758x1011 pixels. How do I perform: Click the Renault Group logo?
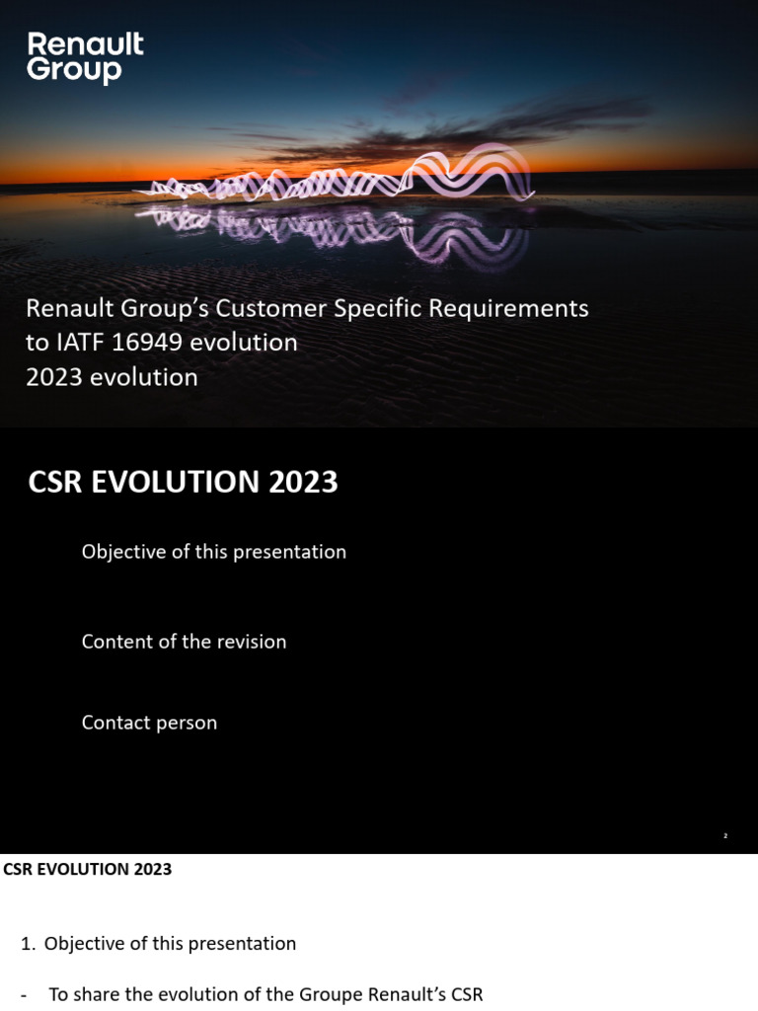tap(85, 57)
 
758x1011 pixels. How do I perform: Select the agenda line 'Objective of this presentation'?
tap(213, 552)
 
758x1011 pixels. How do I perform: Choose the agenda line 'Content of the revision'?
tap(184, 642)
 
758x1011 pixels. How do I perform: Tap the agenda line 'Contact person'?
tap(149, 723)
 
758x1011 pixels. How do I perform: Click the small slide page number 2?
tap(724, 836)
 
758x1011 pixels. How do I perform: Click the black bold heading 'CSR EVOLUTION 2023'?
tap(88, 870)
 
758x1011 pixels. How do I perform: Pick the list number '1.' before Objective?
tap(29, 944)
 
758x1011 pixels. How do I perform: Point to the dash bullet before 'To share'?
tap(24, 995)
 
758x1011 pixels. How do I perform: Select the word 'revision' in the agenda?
tap(253, 642)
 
